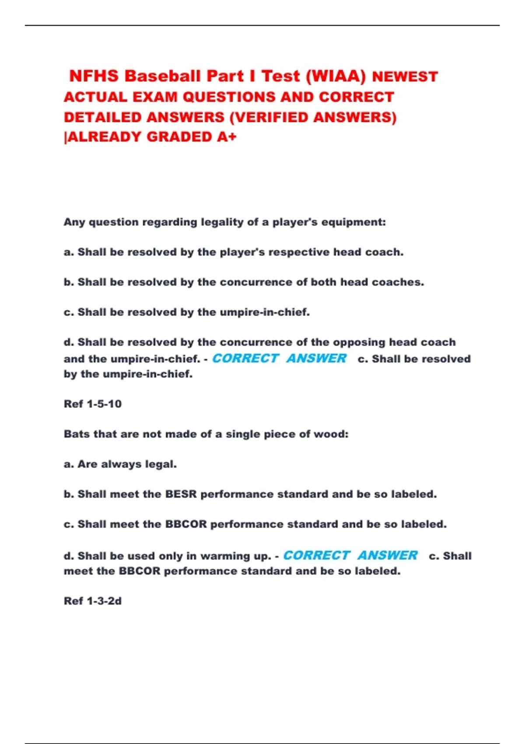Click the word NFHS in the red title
(94, 76)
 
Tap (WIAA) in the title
(336, 76)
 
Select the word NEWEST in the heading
(405, 77)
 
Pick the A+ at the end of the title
(227, 137)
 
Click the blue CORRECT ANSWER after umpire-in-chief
(279, 358)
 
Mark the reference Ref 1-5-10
(93, 404)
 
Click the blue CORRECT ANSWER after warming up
(350, 555)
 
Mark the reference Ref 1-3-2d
(93, 601)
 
